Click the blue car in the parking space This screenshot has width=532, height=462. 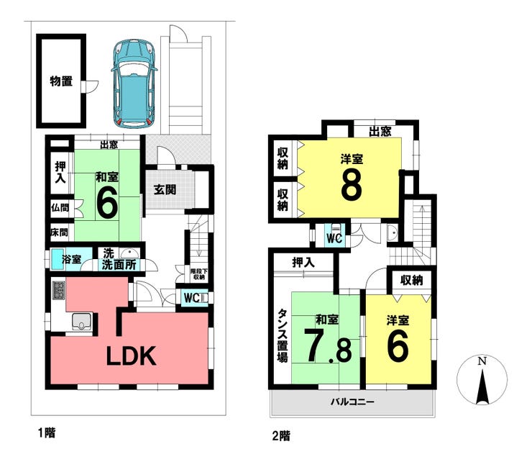(134, 83)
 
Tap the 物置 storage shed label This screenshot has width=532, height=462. (61, 81)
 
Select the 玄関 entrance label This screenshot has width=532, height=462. (165, 189)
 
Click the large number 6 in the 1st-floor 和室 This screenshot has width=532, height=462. (107, 202)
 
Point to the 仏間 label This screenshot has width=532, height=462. (60, 207)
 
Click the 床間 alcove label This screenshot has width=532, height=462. (60, 232)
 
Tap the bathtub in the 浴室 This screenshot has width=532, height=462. (56, 260)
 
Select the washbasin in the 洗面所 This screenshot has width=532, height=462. (129, 253)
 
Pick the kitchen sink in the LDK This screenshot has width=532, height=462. (81, 322)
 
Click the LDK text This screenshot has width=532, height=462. (132, 355)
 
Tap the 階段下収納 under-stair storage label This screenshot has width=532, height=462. (199, 274)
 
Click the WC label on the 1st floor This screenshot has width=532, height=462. (192, 298)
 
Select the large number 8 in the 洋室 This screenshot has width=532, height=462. (352, 186)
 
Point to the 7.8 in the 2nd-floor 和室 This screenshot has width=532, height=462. (327, 346)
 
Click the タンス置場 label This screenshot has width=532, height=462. (283, 335)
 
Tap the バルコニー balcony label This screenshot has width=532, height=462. (352, 402)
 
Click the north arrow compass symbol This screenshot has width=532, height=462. (482, 379)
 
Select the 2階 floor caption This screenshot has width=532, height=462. (281, 436)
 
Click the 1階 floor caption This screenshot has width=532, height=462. (47, 433)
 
